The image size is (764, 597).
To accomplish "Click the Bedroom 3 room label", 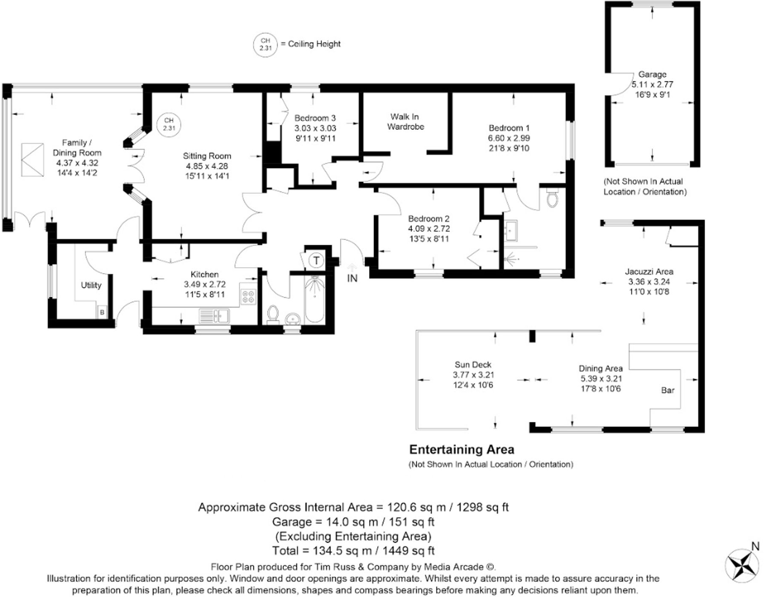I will coord(315,118).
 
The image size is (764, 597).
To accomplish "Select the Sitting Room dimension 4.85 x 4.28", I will coord(207,166).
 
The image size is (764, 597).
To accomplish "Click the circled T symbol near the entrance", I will coord(316,260).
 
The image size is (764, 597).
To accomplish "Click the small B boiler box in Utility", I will coord(102,312).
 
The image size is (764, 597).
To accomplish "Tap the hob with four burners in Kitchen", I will coord(248,296).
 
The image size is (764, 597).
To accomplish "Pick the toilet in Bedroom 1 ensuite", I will coord(551,198).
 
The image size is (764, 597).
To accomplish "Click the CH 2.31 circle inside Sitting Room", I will coord(169,124).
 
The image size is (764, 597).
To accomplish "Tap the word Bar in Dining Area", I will coord(667,391).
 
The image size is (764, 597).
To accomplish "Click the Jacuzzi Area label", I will coord(649,272).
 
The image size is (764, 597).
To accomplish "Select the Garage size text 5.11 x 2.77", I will coord(652,84).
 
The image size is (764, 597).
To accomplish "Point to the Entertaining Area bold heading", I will coord(461,449).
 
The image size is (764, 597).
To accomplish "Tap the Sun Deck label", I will coord(473,365).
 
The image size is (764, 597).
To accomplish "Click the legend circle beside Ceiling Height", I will coord(265,44).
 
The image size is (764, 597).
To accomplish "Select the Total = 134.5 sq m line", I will coord(353,551).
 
